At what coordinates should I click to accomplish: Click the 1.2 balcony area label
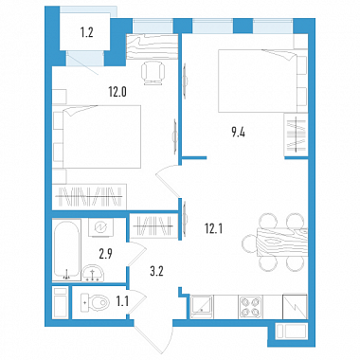click(86, 32)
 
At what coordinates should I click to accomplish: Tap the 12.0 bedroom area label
click(117, 92)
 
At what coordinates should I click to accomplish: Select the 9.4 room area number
click(238, 133)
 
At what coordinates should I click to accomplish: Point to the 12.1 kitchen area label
click(214, 227)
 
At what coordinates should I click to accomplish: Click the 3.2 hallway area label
click(156, 271)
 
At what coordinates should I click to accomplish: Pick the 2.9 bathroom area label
click(106, 254)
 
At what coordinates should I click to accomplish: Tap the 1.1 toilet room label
click(122, 302)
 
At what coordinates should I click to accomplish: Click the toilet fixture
click(95, 302)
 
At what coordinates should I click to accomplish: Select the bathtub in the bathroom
click(66, 250)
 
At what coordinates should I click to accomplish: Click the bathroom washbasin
click(93, 273)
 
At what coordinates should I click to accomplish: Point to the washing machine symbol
click(101, 227)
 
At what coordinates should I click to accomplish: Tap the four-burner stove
click(251, 306)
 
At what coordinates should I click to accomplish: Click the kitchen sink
click(202, 306)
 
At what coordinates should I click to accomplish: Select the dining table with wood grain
click(282, 242)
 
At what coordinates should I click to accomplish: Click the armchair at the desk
click(153, 73)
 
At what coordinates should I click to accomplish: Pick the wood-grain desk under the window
click(153, 46)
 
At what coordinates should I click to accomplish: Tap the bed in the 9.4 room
click(262, 81)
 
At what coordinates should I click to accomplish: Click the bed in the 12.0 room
click(98, 136)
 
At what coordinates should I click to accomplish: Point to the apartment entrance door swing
click(153, 333)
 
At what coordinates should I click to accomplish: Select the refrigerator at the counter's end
click(295, 306)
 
